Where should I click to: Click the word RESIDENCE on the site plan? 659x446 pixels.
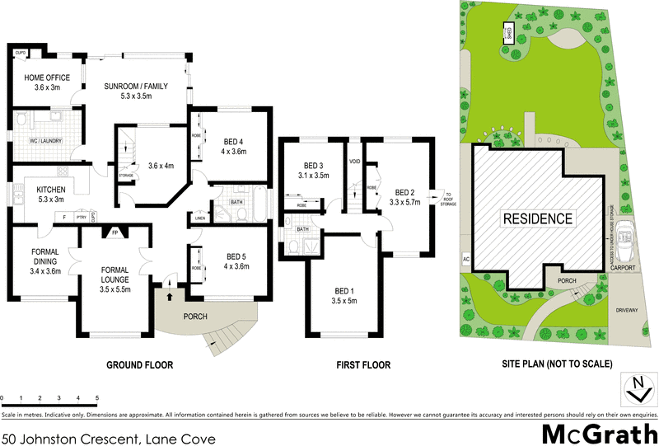(536, 219)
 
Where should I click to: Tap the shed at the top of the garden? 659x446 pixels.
(509, 34)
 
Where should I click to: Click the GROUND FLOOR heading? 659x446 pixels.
(139, 365)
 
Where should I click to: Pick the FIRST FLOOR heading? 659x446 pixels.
(363, 365)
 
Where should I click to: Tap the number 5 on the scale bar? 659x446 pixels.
(97, 397)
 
